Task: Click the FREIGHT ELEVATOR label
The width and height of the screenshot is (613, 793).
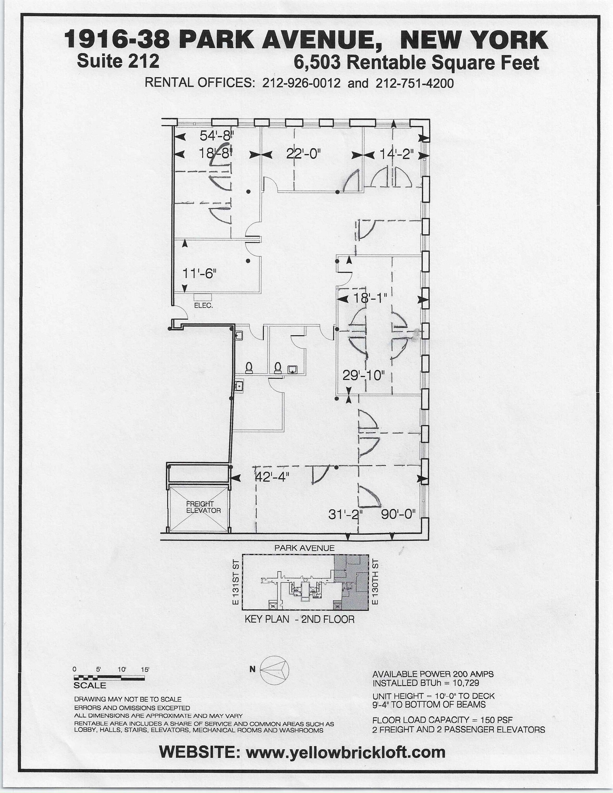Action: (x=203, y=507)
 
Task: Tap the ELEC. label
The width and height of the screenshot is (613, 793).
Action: (x=203, y=305)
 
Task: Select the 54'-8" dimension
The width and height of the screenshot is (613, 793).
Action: (x=217, y=136)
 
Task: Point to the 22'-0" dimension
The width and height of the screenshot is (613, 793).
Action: (x=304, y=154)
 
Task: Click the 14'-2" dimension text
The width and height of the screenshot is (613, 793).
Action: (x=396, y=154)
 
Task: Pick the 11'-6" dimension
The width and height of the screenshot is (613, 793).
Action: (x=199, y=273)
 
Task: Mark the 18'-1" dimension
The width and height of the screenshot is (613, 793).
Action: (x=370, y=299)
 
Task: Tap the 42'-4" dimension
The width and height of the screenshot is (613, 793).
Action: (x=273, y=477)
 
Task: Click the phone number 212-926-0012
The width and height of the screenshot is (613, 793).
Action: (x=301, y=83)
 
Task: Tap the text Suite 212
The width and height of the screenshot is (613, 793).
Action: (x=118, y=61)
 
